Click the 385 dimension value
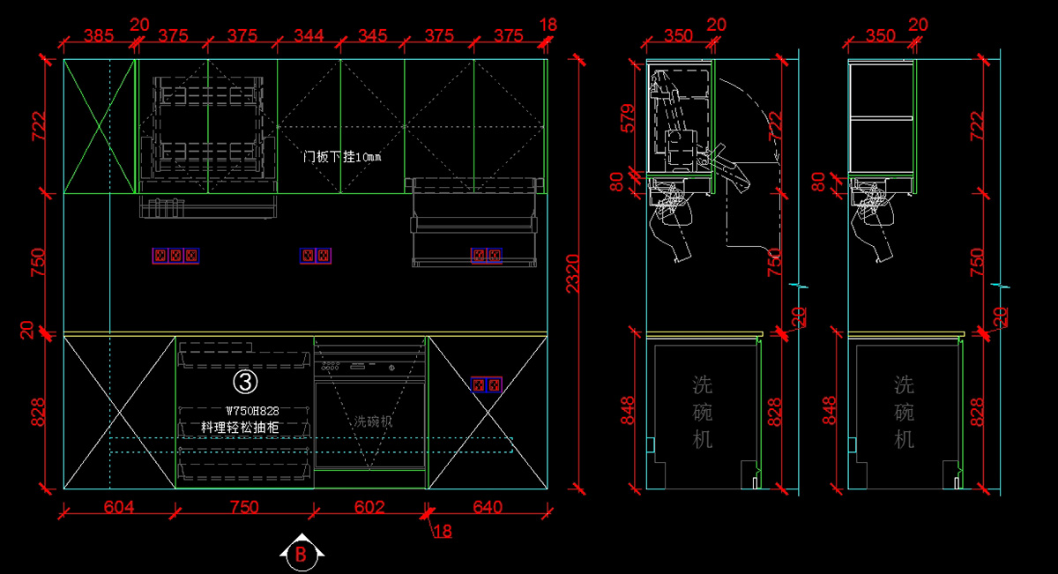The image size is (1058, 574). click(x=99, y=35)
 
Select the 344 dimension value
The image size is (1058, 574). click(x=309, y=35)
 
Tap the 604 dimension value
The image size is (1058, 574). click(x=119, y=507)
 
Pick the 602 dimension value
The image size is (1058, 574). click(x=370, y=507)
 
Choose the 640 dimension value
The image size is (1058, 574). click(x=488, y=507)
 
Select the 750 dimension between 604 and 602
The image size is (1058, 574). click(x=245, y=507)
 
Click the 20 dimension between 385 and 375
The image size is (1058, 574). click(x=139, y=25)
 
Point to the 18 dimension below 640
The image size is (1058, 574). click(x=442, y=531)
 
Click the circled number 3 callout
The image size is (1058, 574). click(x=245, y=381)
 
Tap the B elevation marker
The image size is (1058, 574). click(x=302, y=555)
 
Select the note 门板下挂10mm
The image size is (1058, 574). click(x=342, y=157)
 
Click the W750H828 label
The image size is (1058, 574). click(x=252, y=410)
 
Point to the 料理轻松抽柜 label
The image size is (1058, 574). click(x=240, y=427)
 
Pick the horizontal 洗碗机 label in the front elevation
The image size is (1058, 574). click(x=373, y=421)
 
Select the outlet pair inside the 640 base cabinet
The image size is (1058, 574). click(x=487, y=384)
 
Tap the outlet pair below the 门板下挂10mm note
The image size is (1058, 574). click(x=317, y=256)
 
